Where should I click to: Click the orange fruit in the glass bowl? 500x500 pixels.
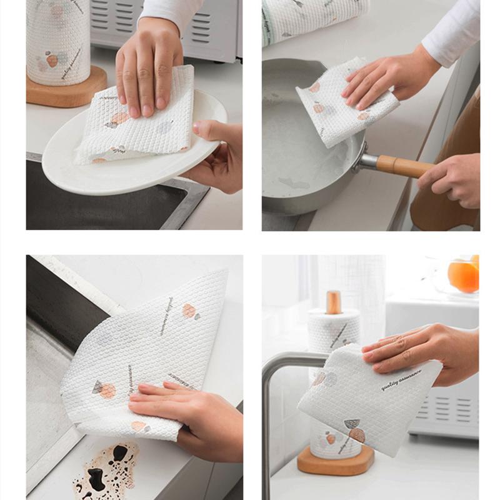coord(464,275)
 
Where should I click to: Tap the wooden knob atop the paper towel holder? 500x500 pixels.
coord(334,301)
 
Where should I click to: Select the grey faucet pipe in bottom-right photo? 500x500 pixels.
coord(267,425)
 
